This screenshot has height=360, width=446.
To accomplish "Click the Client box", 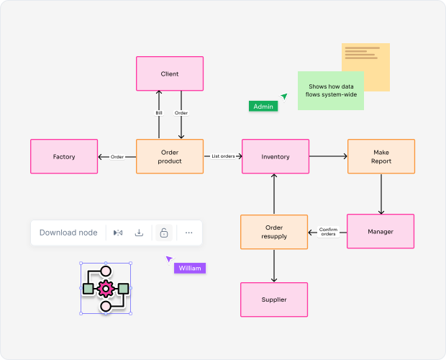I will pos(170,73).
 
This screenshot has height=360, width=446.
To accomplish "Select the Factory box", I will pos(64,156).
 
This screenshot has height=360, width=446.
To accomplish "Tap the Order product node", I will pos(170,156).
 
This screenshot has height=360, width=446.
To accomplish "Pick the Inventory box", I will pos(276,156).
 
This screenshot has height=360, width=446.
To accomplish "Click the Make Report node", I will pos(381,156).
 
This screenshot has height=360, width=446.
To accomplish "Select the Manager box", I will pos(381,231).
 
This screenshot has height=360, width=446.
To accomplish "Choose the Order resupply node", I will pos(274,232).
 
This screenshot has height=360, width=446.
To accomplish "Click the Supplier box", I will pos(274,300).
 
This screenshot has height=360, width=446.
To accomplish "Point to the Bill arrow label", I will pos(159,113).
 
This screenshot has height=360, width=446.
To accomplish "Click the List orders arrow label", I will pos(223,156).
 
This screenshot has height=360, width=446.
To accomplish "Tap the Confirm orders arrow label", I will pos(328,231).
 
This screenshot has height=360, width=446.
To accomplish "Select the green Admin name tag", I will pos(263,106).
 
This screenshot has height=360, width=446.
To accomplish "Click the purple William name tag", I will pos(190,268).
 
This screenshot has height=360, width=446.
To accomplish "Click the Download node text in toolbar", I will pos(68,233).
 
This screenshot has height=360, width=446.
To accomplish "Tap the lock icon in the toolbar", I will pos(164,233).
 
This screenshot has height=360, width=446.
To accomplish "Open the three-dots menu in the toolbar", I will pos(188,233).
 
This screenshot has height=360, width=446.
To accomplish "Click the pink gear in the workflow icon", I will pos(106,289).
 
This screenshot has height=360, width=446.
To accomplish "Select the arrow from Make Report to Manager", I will pos(381,193).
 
